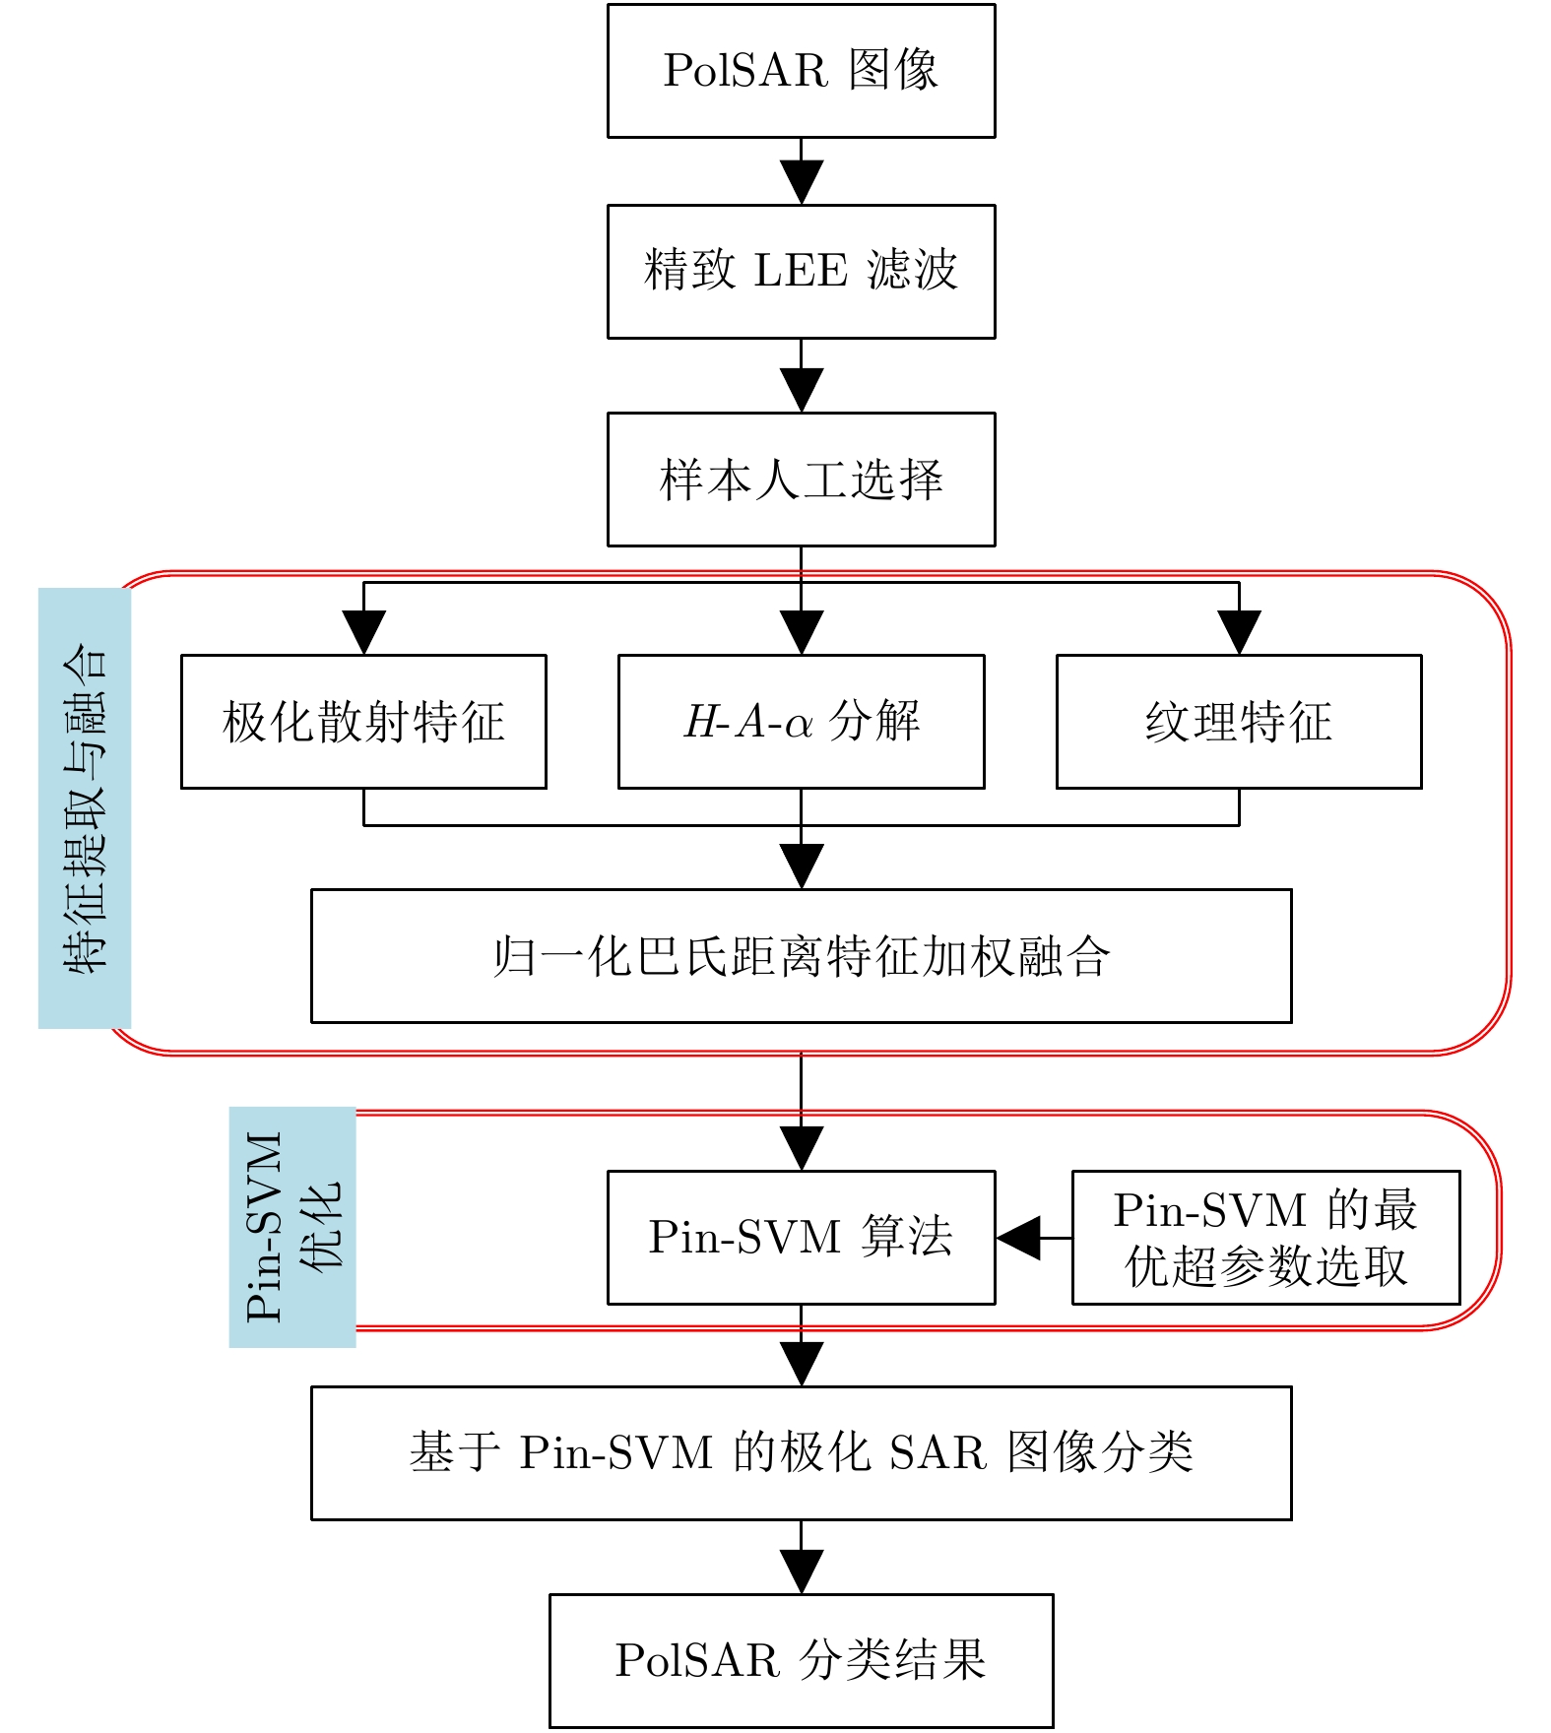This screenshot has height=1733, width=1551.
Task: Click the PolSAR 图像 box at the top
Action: click(x=801, y=71)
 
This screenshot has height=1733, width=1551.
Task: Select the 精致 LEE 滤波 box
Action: click(x=801, y=271)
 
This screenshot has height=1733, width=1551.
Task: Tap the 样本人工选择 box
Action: click(x=801, y=480)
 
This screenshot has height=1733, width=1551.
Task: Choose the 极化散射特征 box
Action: click(x=363, y=722)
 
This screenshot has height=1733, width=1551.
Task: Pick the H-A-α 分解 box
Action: click(x=801, y=722)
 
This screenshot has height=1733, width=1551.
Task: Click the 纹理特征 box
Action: click(x=1239, y=722)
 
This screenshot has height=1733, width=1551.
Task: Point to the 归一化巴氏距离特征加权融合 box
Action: click(x=801, y=956)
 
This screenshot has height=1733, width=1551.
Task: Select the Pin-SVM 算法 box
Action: click(x=801, y=1238)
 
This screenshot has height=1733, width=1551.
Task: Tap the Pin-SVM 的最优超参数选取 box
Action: click(x=1265, y=1238)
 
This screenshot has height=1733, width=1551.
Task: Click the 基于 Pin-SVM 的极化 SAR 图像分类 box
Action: click(x=801, y=1453)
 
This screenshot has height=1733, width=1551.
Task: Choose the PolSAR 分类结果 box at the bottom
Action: click(x=801, y=1661)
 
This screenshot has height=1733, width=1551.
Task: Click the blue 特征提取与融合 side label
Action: click(x=85, y=808)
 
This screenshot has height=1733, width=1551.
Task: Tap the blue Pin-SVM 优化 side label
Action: click(x=292, y=1227)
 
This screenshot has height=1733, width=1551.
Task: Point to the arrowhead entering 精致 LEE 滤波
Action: click(x=802, y=182)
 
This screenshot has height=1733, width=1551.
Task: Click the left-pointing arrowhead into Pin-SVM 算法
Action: click(x=1018, y=1238)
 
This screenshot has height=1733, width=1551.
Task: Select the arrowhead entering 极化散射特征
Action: click(x=363, y=632)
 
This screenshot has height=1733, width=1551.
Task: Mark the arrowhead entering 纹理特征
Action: click(x=1239, y=632)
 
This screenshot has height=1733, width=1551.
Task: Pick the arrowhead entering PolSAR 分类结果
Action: click(x=802, y=1572)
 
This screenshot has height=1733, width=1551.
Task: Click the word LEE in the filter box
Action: click(x=800, y=271)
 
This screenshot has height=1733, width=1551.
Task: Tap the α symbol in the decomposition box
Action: click(x=799, y=725)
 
